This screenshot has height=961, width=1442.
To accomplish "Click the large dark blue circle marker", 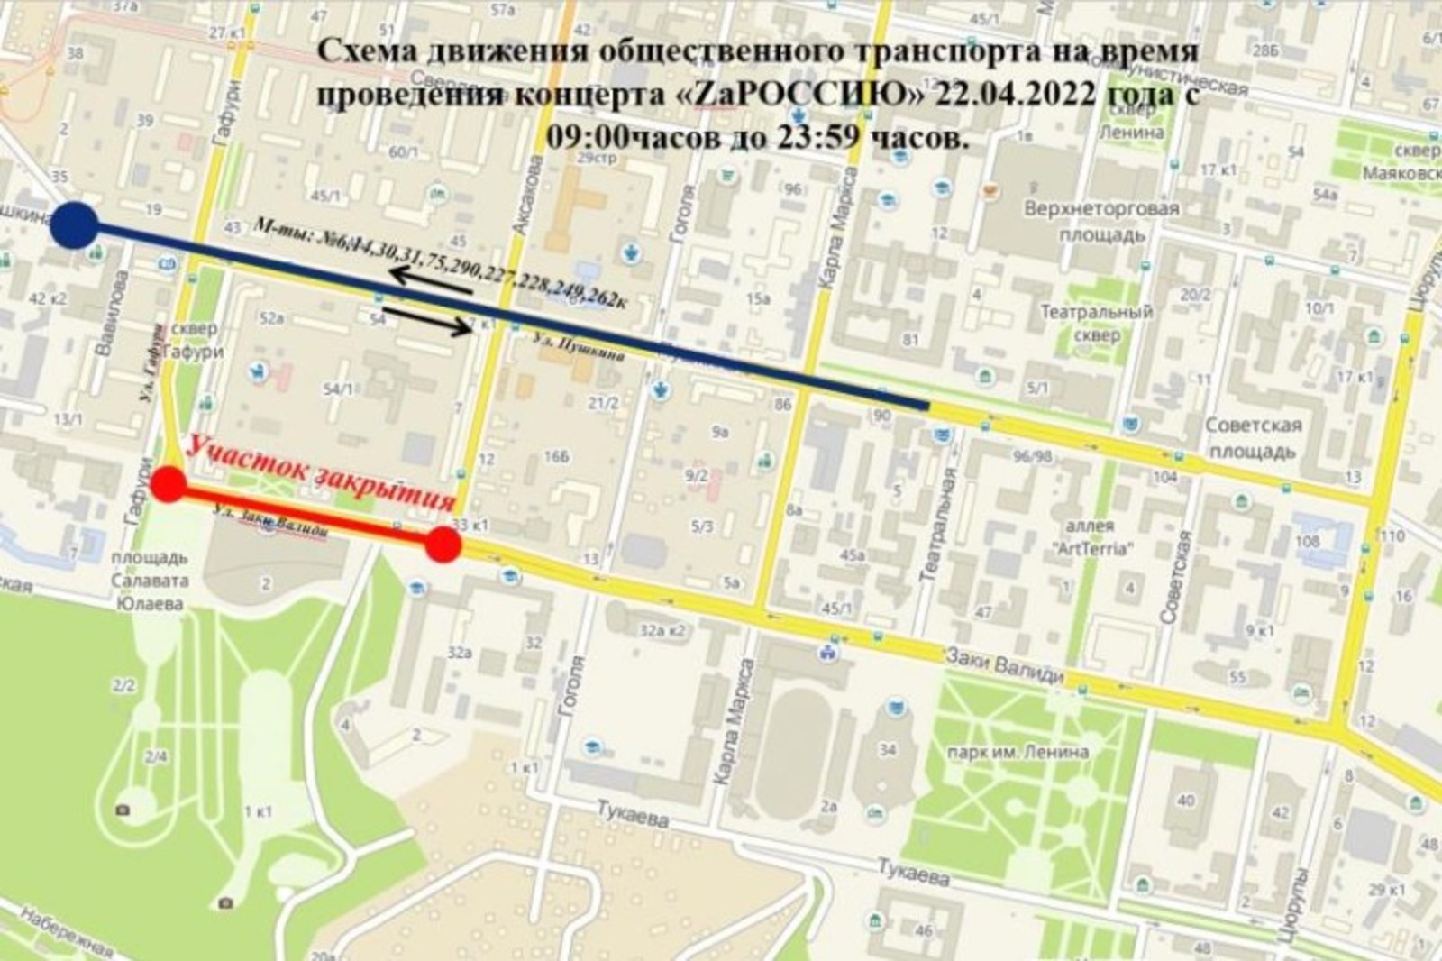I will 74,225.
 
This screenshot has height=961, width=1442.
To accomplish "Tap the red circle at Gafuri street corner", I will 169,485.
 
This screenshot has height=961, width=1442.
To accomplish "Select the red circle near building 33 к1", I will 443,545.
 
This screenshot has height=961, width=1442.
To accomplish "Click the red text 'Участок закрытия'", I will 321,474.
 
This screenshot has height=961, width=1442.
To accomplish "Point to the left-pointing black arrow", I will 431,282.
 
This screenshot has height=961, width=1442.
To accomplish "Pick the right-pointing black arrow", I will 433,325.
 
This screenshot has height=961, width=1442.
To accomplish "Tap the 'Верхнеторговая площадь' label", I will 1100,222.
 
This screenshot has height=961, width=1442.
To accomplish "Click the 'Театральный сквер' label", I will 1096,324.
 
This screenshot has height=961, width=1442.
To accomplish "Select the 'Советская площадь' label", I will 1253,437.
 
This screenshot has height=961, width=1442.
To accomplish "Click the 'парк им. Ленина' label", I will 1017,751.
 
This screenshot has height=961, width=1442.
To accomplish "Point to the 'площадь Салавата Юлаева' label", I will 150,581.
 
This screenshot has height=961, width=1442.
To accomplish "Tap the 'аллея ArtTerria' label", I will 1091,536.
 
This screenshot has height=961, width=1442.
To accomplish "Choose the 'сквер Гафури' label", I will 194,341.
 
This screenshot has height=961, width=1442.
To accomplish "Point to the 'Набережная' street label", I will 68,932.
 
